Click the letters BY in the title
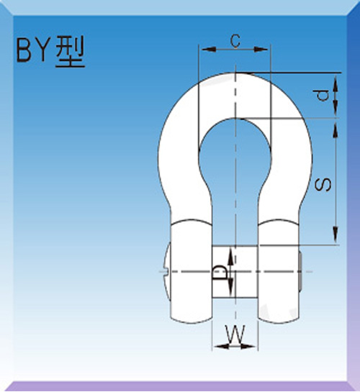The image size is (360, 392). [x=32, y=55]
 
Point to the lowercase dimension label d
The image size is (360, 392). [x=323, y=95]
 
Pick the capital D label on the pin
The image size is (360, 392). [x=220, y=272]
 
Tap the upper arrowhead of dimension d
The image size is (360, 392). [x=336, y=77]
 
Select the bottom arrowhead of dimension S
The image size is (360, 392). [x=336, y=238]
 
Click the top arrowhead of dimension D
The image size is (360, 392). [x=230, y=251]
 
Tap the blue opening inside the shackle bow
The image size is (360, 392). [x=235, y=173]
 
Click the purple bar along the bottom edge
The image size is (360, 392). [x=180, y=386]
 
